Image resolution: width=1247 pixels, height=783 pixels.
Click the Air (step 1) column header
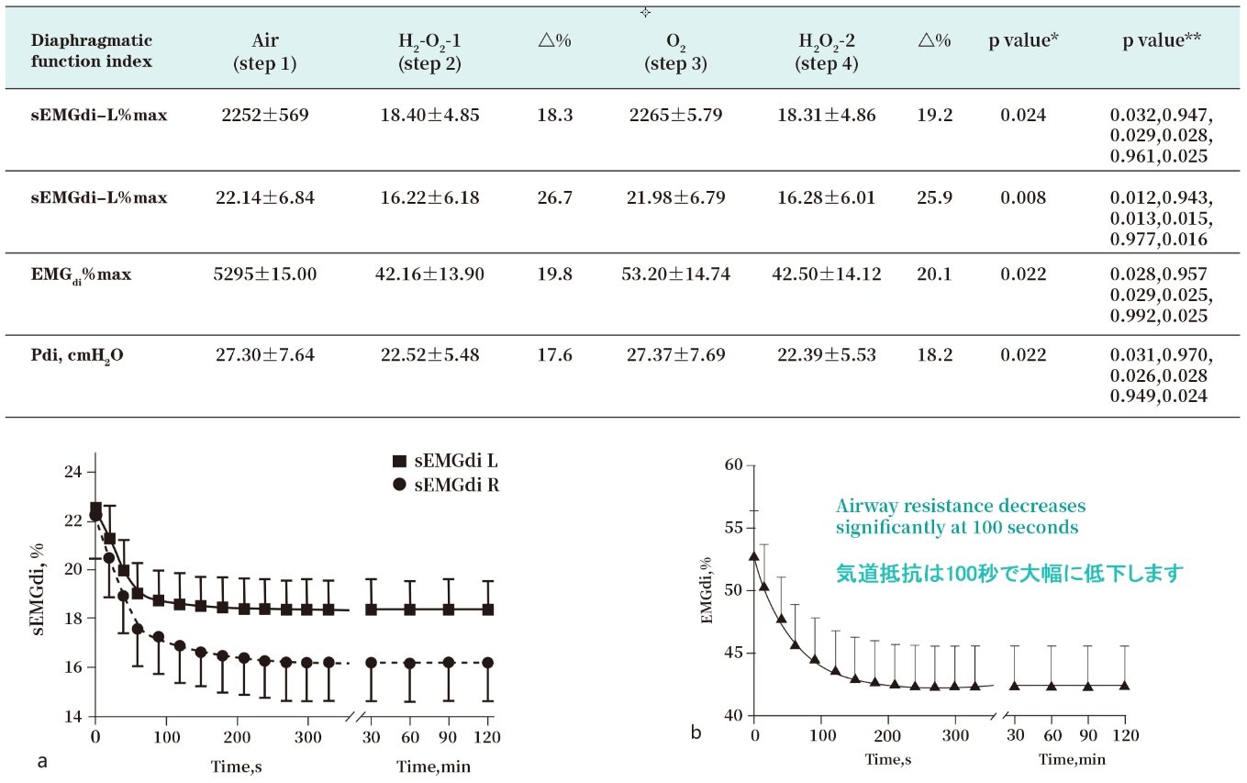(x=265, y=51)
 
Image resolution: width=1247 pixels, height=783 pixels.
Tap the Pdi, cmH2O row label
(x=78, y=355)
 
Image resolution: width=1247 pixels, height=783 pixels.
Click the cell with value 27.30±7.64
(x=265, y=354)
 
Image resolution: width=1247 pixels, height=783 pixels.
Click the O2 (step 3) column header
(x=675, y=51)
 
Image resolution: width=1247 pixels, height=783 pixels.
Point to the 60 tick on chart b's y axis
(x=731, y=465)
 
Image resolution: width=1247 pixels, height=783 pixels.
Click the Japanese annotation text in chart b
(x=1009, y=574)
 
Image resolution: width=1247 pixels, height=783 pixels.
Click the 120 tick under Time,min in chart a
(x=487, y=737)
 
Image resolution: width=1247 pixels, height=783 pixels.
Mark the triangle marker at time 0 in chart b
(x=754, y=554)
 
